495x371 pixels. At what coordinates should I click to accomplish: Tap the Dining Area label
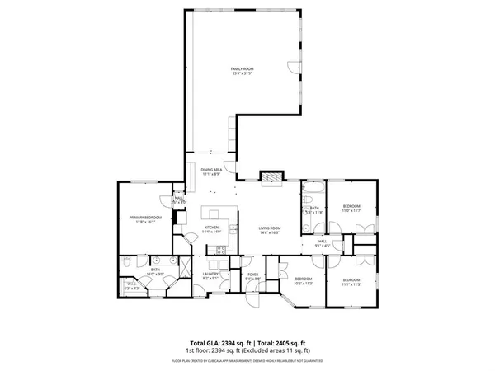212,169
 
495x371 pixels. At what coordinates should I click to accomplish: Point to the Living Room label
270,228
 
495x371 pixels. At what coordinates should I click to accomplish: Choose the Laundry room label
210,274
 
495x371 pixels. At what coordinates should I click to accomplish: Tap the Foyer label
252,275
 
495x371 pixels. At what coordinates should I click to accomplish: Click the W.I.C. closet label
131,284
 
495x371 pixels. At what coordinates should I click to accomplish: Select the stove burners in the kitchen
221,249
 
